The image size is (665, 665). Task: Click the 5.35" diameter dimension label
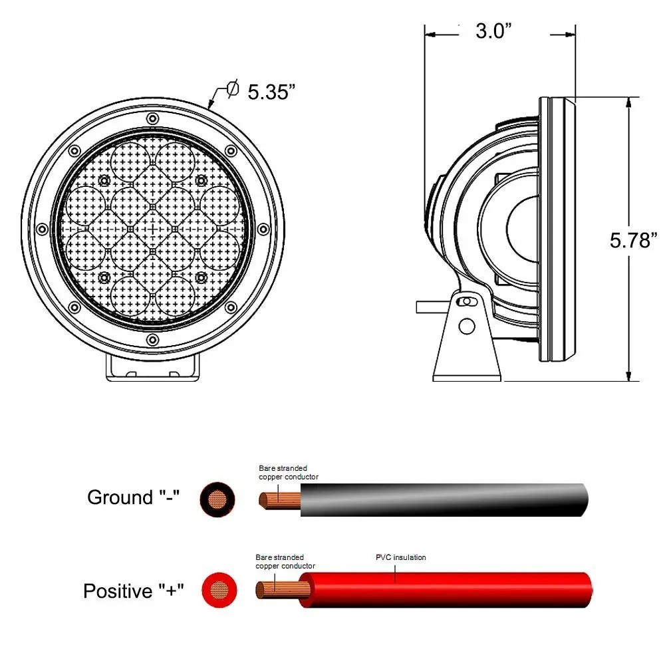271,91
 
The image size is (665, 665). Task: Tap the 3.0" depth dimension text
493,31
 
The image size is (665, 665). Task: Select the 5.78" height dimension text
633,240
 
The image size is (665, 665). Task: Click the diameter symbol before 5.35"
233,88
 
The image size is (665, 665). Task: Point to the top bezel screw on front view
153,118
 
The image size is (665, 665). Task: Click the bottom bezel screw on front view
153,340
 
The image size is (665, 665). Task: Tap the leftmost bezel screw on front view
42,229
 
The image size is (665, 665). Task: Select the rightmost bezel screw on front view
263,229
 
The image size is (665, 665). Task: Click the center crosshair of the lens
153,229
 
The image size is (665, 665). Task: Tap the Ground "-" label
133,497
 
